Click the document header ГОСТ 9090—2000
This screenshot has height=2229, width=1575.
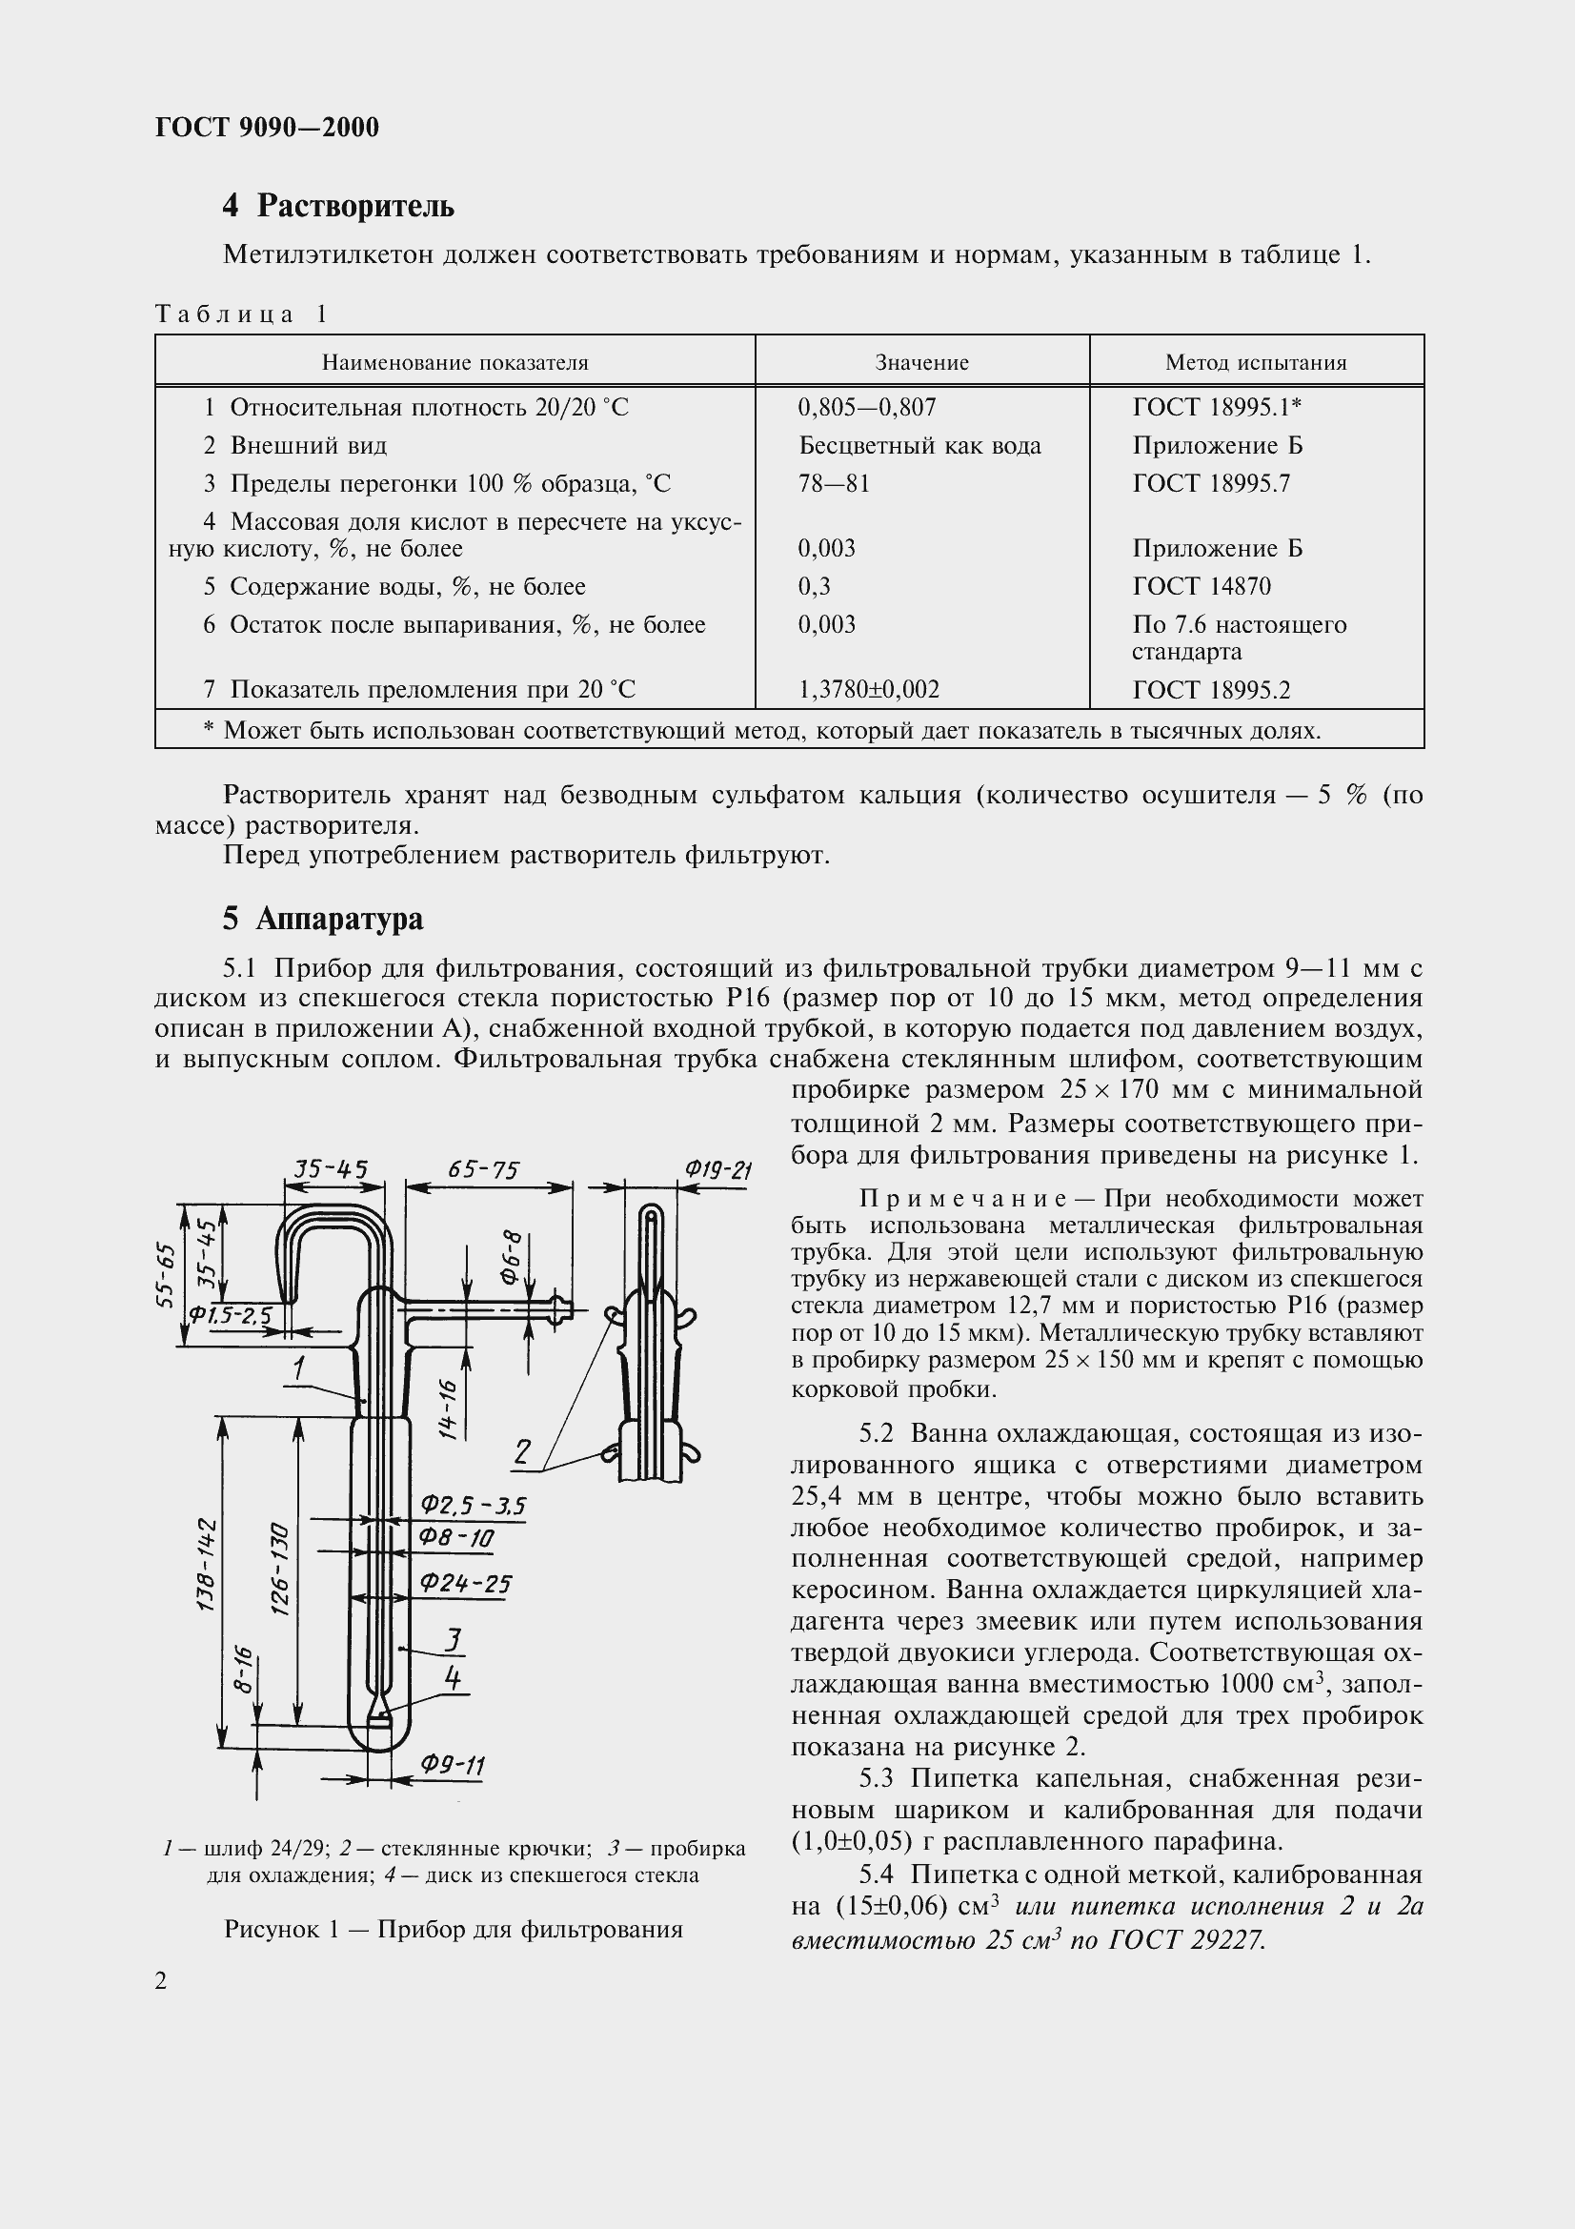[x=267, y=127]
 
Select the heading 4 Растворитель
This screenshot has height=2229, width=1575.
[x=337, y=206]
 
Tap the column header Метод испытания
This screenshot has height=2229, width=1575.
[x=1255, y=363]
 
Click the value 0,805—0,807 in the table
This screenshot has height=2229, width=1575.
[x=867, y=407]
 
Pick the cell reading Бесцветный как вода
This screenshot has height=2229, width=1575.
[x=919, y=446]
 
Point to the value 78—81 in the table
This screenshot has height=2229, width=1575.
[x=834, y=483]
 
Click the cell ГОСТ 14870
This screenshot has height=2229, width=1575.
[x=1201, y=586]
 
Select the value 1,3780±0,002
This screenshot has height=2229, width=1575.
[x=869, y=689]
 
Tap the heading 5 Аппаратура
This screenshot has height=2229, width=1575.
[x=322, y=919]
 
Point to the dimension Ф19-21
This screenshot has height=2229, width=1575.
[x=717, y=1170]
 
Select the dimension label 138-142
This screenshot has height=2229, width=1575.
[x=206, y=1564]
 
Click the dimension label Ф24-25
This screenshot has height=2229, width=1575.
[x=465, y=1584]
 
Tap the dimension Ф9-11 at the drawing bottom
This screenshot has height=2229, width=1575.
[x=453, y=1764]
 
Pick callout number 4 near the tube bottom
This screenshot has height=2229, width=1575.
[x=453, y=1676]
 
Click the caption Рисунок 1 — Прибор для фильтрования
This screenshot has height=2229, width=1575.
[x=454, y=1928]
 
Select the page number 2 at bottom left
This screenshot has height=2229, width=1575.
[x=161, y=1980]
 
